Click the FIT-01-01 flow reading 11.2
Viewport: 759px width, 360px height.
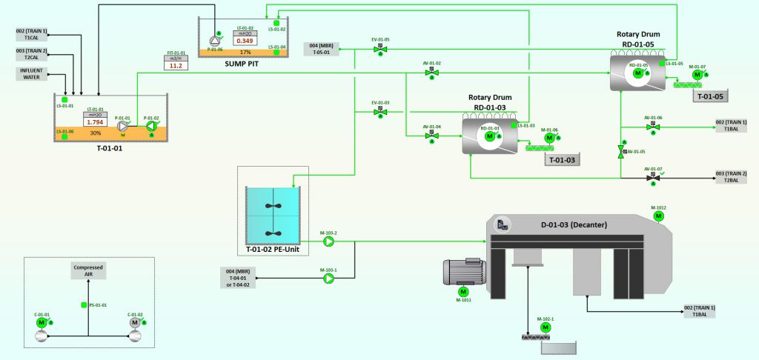(x=176, y=65)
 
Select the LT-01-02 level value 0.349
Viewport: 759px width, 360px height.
(x=245, y=40)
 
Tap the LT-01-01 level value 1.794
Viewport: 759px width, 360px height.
(x=95, y=121)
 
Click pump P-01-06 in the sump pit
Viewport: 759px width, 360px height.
(x=216, y=40)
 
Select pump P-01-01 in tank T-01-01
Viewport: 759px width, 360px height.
(x=123, y=126)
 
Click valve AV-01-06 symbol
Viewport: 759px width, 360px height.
(x=652, y=127)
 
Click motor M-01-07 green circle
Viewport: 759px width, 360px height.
(x=697, y=76)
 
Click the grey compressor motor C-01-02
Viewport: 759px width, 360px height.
(x=135, y=323)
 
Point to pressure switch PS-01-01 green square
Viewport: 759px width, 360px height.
(x=84, y=305)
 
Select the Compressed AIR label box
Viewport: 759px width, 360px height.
(x=88, y=270)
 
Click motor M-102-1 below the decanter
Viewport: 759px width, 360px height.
(x=546, y=327)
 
